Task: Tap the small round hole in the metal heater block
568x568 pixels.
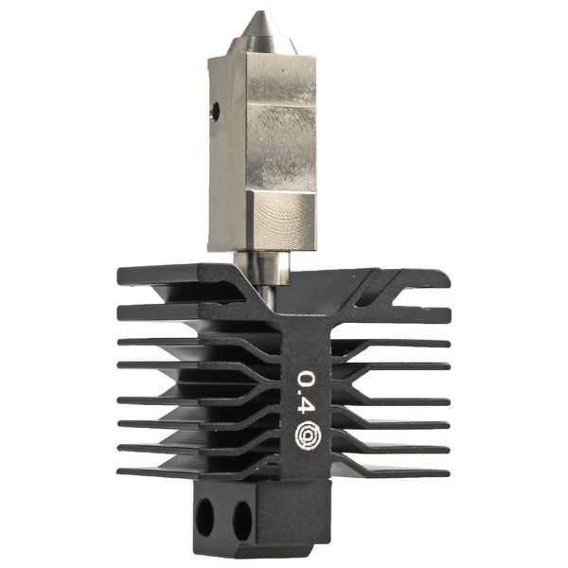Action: [216, 112]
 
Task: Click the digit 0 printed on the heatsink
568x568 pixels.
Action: [307, 381]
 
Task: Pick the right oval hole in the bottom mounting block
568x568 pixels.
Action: [241, 519]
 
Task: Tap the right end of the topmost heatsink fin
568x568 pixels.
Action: [443, 277]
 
